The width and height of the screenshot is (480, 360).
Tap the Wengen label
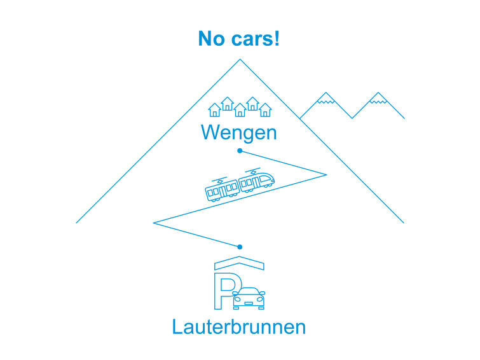[x=239, y=133]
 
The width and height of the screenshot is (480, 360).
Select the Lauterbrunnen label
[x=239, y=327]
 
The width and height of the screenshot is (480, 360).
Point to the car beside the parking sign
[x=249, y=298]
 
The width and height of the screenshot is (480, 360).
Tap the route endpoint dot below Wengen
[x=240, y=151]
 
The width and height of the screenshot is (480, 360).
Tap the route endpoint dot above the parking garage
[x=240, y=246]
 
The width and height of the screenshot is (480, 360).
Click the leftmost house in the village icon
[x=215, y=111]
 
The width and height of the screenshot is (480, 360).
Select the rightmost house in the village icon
[x=265, y=111]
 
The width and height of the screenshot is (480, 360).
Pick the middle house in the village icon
[x=240, y=111]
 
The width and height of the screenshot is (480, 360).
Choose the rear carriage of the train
[x=222, y=190]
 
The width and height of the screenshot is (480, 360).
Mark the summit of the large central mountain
[x=240, y=60]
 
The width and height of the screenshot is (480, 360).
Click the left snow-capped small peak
[x=326, y=97]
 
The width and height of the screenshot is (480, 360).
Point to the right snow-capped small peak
[x=378, y=97]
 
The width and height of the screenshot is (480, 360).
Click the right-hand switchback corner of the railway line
[x=325, y=174]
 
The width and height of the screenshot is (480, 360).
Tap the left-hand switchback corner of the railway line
[x=154, y=223]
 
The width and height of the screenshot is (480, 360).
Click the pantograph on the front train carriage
[x=254, y=170]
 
